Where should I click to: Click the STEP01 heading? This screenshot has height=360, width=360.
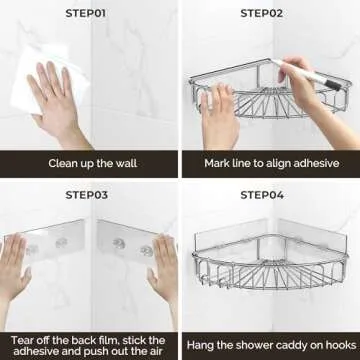[x=88, y=13]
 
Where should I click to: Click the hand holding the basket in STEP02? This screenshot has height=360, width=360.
[x=219, y=115]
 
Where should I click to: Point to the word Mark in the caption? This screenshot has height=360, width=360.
[x=219, y=163]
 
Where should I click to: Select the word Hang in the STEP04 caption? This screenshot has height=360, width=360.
[x=204, y=342]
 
